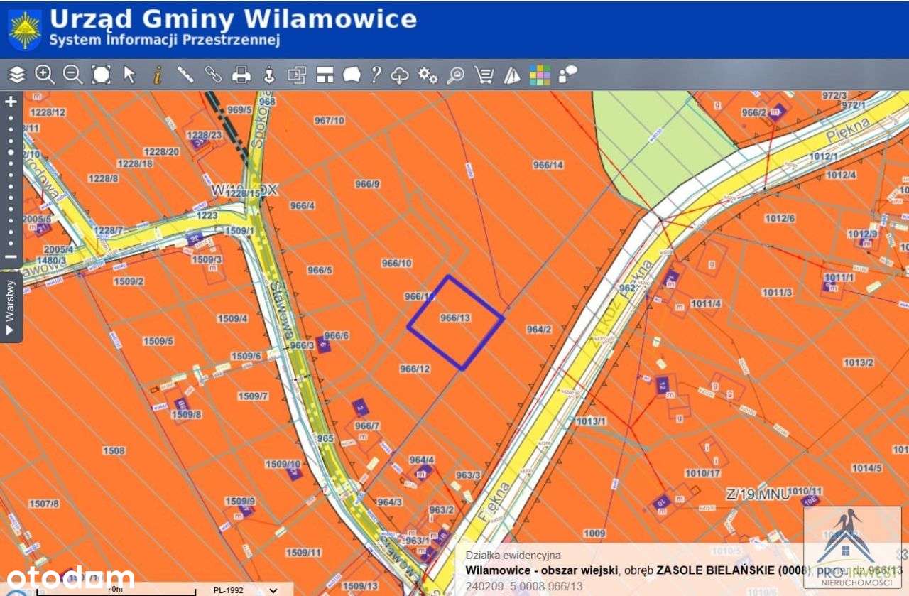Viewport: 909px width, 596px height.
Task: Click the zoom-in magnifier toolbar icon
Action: pos(45,75)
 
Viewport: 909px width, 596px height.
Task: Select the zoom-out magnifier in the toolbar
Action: pos(72,75)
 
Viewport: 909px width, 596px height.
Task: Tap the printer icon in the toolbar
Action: pos(241,75)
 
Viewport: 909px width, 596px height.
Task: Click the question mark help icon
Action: pos(376,75)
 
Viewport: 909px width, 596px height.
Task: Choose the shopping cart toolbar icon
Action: pos(484,75)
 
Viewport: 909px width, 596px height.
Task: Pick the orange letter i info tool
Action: pos(157,75)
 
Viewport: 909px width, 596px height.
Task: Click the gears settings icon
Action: pos(428,75)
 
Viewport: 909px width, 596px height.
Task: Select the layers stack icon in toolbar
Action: pos(16,75)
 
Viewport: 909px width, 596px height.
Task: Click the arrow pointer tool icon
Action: pos(129,75)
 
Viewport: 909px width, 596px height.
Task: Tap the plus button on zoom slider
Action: pos(11,102)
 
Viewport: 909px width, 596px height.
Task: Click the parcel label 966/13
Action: pos(455,318)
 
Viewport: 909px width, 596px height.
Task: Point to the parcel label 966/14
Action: pos(548,165)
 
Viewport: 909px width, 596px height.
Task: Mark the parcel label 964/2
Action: pos(539,330)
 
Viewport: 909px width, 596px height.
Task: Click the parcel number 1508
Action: pos(114,450)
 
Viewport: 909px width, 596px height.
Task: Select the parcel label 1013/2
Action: pos(858,363)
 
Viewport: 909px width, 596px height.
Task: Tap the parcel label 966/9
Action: pos(367,184)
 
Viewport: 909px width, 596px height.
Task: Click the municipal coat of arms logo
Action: pos(25,30)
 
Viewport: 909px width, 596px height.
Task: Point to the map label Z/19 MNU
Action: pos(757,494)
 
